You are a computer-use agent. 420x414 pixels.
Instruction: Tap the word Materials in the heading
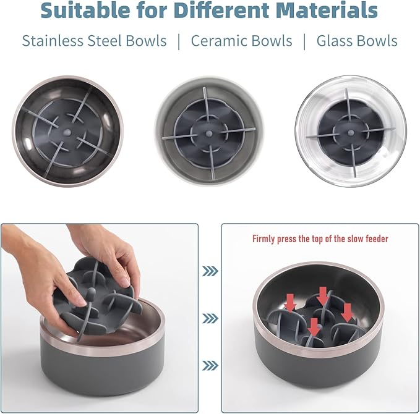tap(327, 10)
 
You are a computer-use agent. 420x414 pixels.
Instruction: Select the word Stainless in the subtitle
tap(53, 41)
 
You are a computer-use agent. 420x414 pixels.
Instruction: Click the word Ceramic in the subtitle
tap(219, 41)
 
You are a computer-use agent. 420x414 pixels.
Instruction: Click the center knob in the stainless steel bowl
tap(68, 132)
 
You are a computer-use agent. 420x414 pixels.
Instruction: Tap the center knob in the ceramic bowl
tap(208, 133)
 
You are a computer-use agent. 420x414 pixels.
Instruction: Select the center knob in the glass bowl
tap(350, 132)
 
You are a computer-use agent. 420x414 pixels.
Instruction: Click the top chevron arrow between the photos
tap(210, 271)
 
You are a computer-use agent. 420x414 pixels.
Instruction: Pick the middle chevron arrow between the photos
tap(210, 318)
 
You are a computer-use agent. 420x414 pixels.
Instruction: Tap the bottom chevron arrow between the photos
tap(210, 366)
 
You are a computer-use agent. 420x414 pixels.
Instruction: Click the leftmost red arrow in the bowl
tap(290, 303)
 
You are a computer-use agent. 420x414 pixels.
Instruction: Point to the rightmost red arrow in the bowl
tap(347, 313)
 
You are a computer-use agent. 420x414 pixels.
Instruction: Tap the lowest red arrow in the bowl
tap(314, 327)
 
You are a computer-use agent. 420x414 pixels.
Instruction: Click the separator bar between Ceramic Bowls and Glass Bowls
tap(304, 42)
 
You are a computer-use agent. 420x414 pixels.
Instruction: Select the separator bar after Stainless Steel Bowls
tap(179, 42)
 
